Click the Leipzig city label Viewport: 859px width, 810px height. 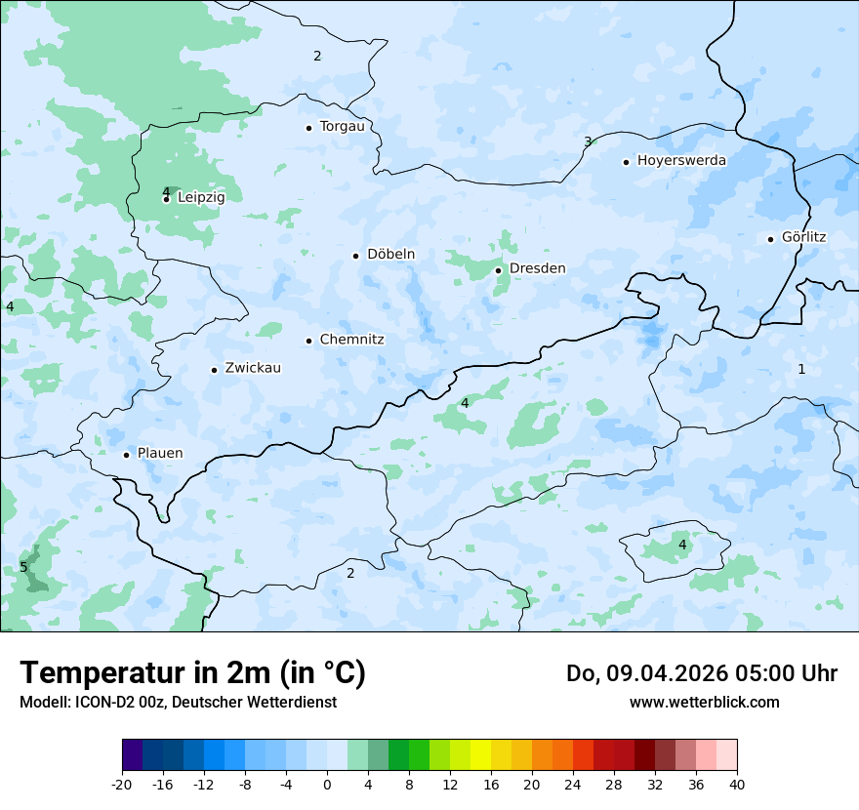(x=201, y=197)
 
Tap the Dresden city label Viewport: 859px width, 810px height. (x=537, y=268)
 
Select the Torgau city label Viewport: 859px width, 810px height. (x=342, y=127)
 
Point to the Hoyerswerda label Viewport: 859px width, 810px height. (x=681, y=160)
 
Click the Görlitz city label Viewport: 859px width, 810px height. (x=803, y=237)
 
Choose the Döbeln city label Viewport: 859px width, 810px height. (x=390, y=255)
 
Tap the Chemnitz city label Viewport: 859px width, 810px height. (x=351, y=340)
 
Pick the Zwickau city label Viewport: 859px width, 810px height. (x=253, y=368)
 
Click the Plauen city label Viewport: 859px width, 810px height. (x=159, y=453)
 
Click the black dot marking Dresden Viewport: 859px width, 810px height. (x=498, y=270)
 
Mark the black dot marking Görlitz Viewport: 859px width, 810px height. (x=770, y=239)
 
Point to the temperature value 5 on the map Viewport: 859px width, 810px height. (x=23, y=567)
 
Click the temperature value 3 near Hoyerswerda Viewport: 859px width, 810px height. (x=588, y=142)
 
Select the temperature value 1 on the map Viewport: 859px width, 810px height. (x=801, y=369)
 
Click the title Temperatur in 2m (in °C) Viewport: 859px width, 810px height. (x=192, y=672)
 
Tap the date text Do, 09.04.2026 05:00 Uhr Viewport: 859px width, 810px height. (x=701, y=673)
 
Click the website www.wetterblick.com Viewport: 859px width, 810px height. (x=704, y=703)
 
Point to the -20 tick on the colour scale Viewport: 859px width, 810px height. (x=122, y=784)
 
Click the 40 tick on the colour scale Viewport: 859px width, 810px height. (x=737, y=784)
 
